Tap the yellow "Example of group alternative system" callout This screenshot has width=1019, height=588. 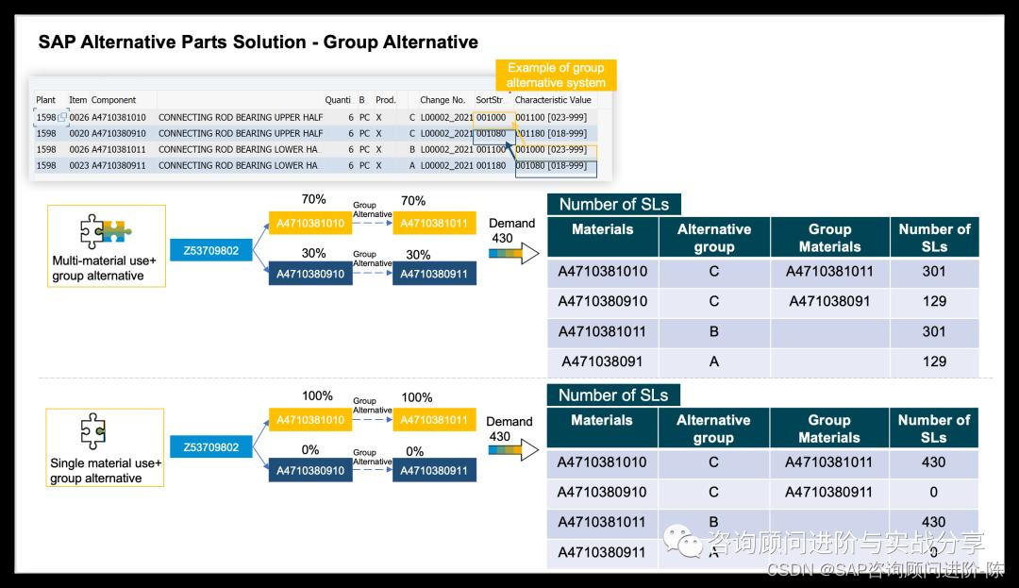point(556,76)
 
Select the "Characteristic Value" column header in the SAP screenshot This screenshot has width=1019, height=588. point(553,100)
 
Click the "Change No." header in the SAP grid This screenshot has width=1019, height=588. point(443,100)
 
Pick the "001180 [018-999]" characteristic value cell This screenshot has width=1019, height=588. point(551,133)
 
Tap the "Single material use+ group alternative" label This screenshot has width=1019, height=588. point(106,470)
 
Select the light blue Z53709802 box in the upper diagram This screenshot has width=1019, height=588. point(211,251)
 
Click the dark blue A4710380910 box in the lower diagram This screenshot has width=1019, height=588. point(309,470)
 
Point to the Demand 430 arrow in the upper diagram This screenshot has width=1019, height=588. point(515,252)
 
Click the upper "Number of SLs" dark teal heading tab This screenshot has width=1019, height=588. point(613,204)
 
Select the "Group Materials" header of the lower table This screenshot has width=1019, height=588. point(828,428)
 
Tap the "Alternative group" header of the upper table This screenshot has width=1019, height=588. point(713,238)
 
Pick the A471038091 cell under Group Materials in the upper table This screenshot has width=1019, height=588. point(829,301)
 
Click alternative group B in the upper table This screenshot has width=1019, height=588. point(713,331)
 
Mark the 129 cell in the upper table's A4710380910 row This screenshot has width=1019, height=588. point(933,301)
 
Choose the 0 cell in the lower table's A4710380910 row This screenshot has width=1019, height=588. point(933,492)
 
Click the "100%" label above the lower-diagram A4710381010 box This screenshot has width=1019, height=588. point(317,395)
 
